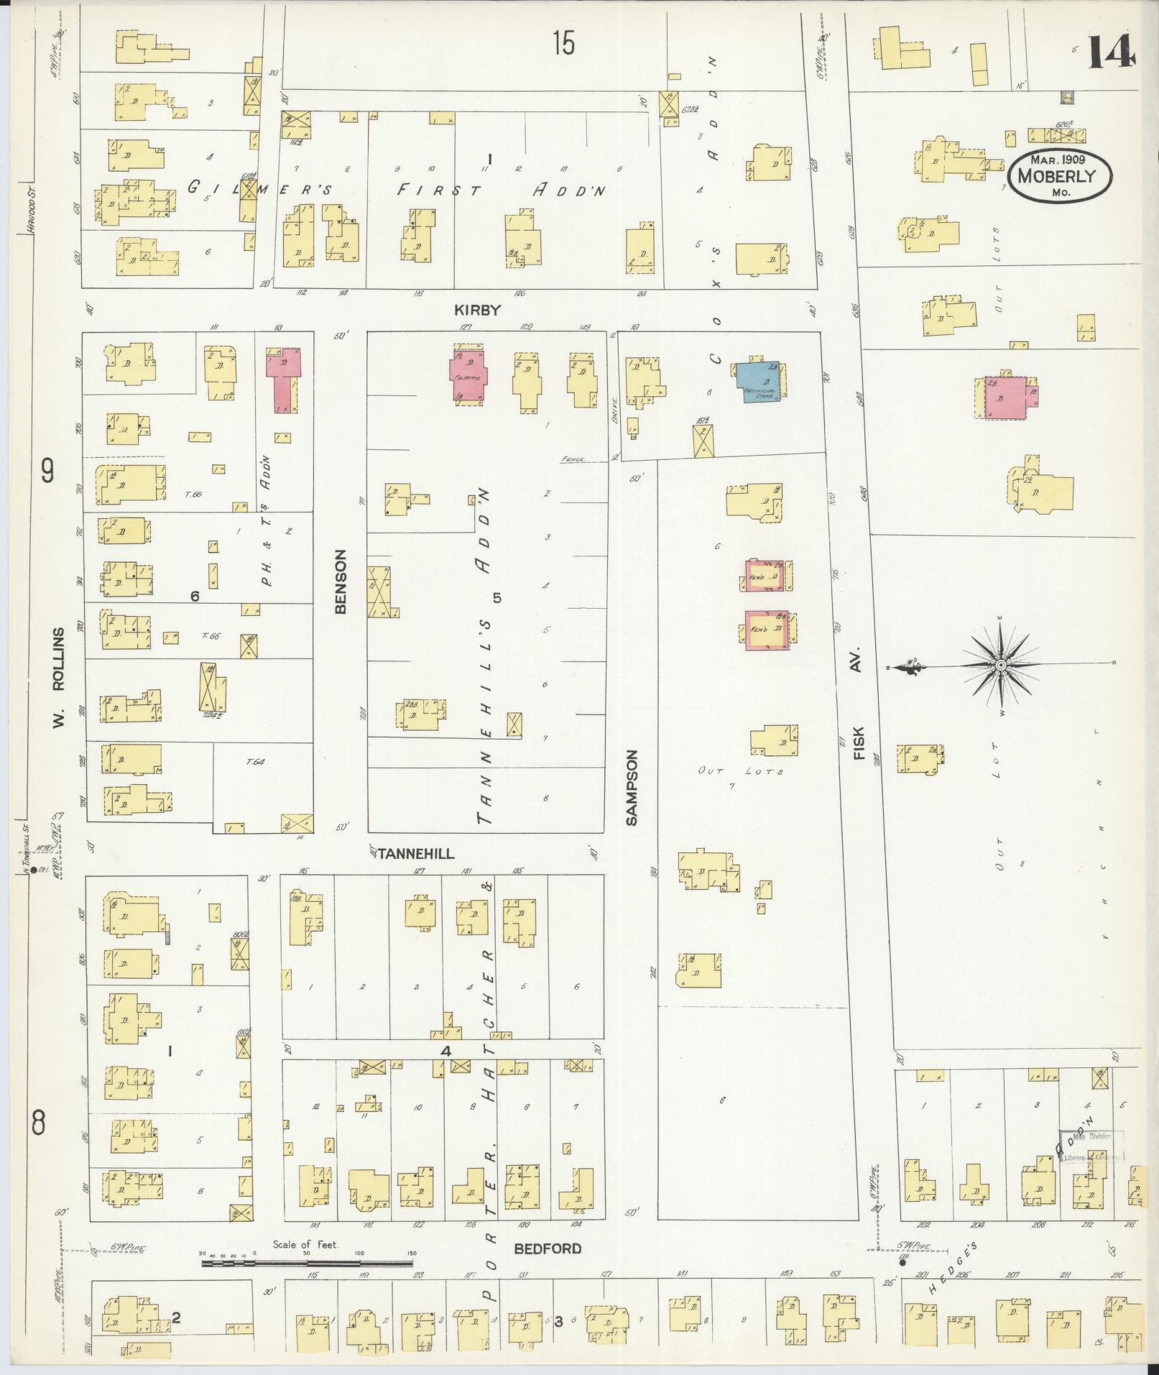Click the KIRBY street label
pos(476,310)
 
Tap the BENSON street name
pos(341,581)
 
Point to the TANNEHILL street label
pos(416,854)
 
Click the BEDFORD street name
pos(548,1249)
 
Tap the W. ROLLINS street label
pos(59,678)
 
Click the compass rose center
pos(1000,667)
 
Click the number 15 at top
pos(564,45)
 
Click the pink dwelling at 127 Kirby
pos(468,375)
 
